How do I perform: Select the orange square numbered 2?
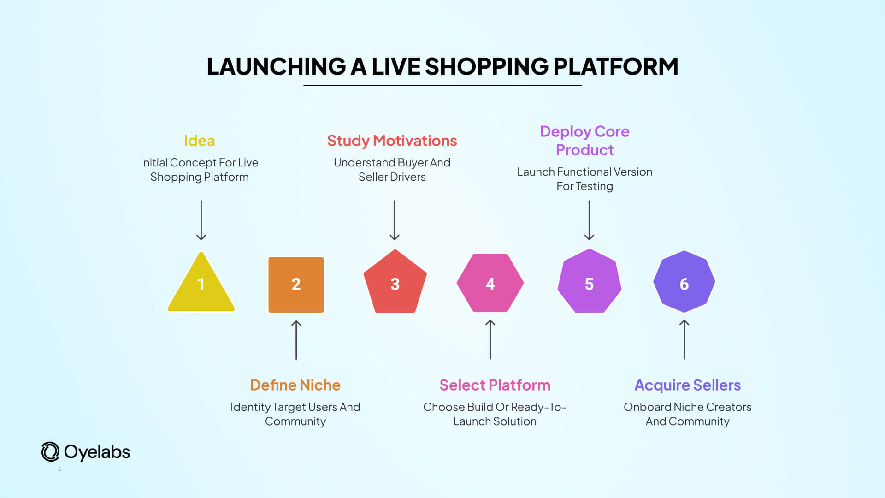point(296,285)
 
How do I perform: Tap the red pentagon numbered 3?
point(395,283)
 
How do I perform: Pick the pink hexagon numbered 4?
point(490,283)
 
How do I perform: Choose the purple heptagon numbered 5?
point(589,283)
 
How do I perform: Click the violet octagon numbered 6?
point(684,282)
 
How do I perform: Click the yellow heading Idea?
point(199,141)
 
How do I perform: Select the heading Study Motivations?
point(392,141)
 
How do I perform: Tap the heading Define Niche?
point(295,385)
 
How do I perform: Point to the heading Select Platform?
point(495,385)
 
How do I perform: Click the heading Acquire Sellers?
point(687,385)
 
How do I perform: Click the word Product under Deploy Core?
point(584,150)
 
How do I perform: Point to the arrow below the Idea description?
point(201,220)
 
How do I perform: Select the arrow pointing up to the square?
point(296,340)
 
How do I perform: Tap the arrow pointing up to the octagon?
point(684,340)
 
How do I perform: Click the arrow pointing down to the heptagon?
point(589,220)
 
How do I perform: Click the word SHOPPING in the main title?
point(486,67)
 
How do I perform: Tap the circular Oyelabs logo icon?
point(50,452)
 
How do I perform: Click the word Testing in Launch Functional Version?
point(594,186)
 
